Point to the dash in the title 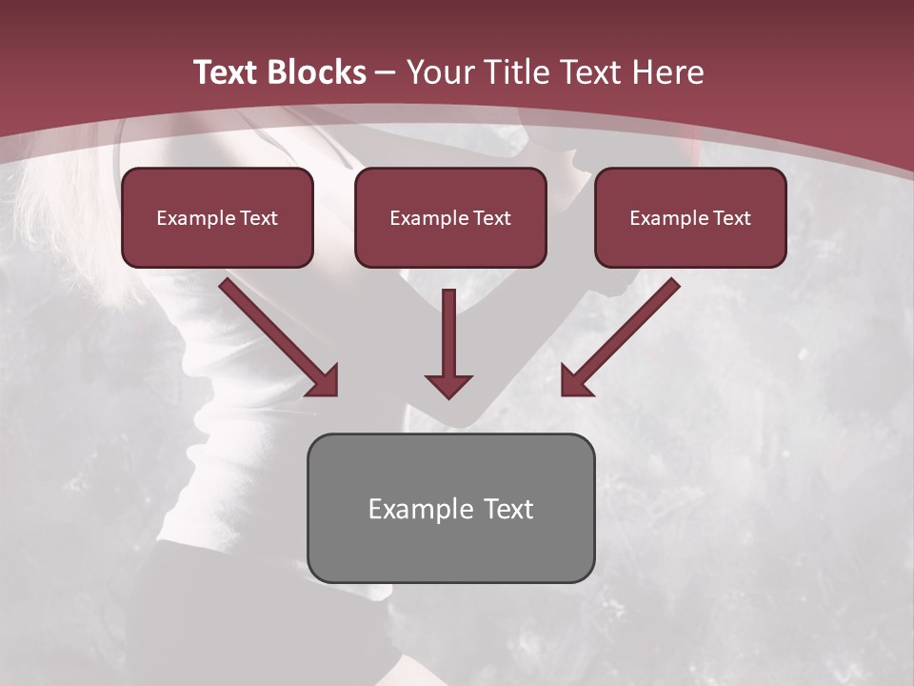386,72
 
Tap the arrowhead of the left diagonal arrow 324,381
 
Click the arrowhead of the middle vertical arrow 448,386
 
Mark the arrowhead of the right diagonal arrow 575,381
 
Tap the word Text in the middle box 492,218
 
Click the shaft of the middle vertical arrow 448,329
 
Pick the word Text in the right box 732,218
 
